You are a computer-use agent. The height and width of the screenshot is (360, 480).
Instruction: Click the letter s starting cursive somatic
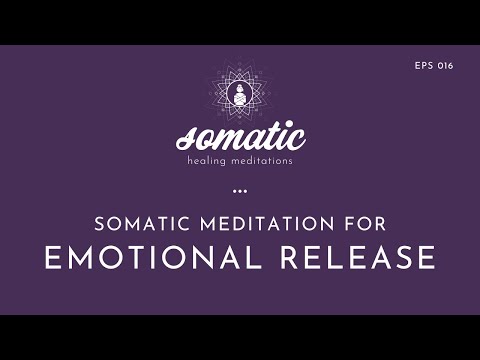click(183, 140)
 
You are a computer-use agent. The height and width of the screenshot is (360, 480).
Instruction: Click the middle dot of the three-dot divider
click(239, 189)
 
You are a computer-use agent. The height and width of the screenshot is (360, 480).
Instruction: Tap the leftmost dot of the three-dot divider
click(233, 189)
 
